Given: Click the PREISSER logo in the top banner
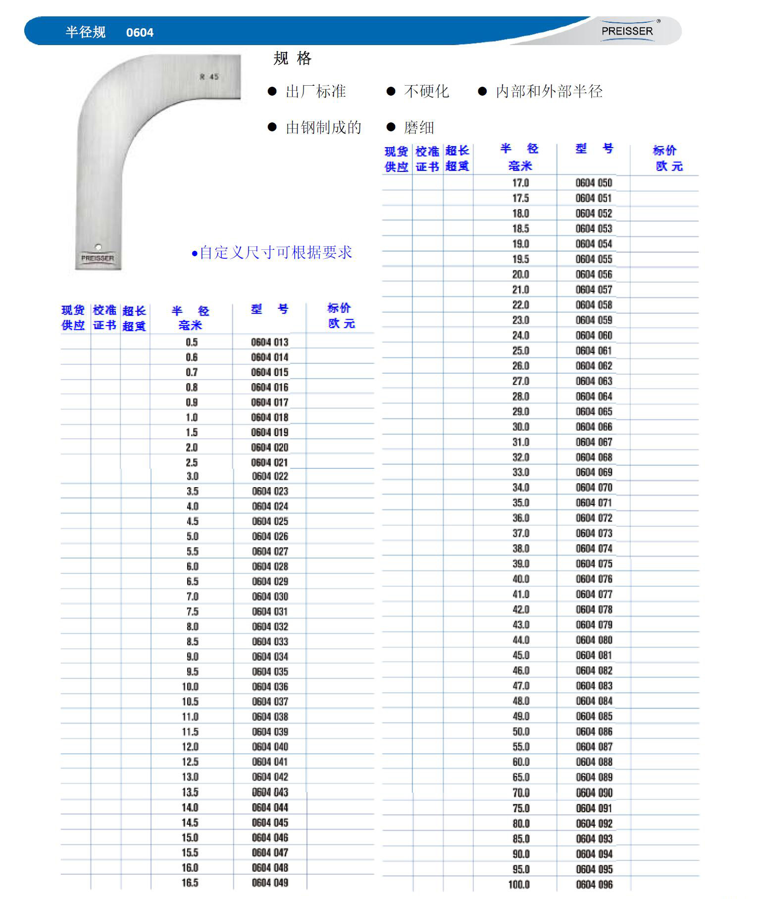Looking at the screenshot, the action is click(627, 31).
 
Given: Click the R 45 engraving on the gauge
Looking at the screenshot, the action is click(209, 77).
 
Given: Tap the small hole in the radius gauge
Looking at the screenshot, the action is click(98, 247).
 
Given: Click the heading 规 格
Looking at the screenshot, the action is click(293, 58).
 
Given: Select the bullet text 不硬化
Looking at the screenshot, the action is click(426, 91).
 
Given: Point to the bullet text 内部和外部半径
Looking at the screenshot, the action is click(549, 91).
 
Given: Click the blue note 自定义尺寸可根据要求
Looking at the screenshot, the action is click(276, 252).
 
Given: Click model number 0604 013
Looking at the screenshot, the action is click(269, 342).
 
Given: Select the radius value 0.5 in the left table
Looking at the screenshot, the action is click(192, 342).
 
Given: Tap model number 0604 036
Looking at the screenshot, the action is click(270, 686).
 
